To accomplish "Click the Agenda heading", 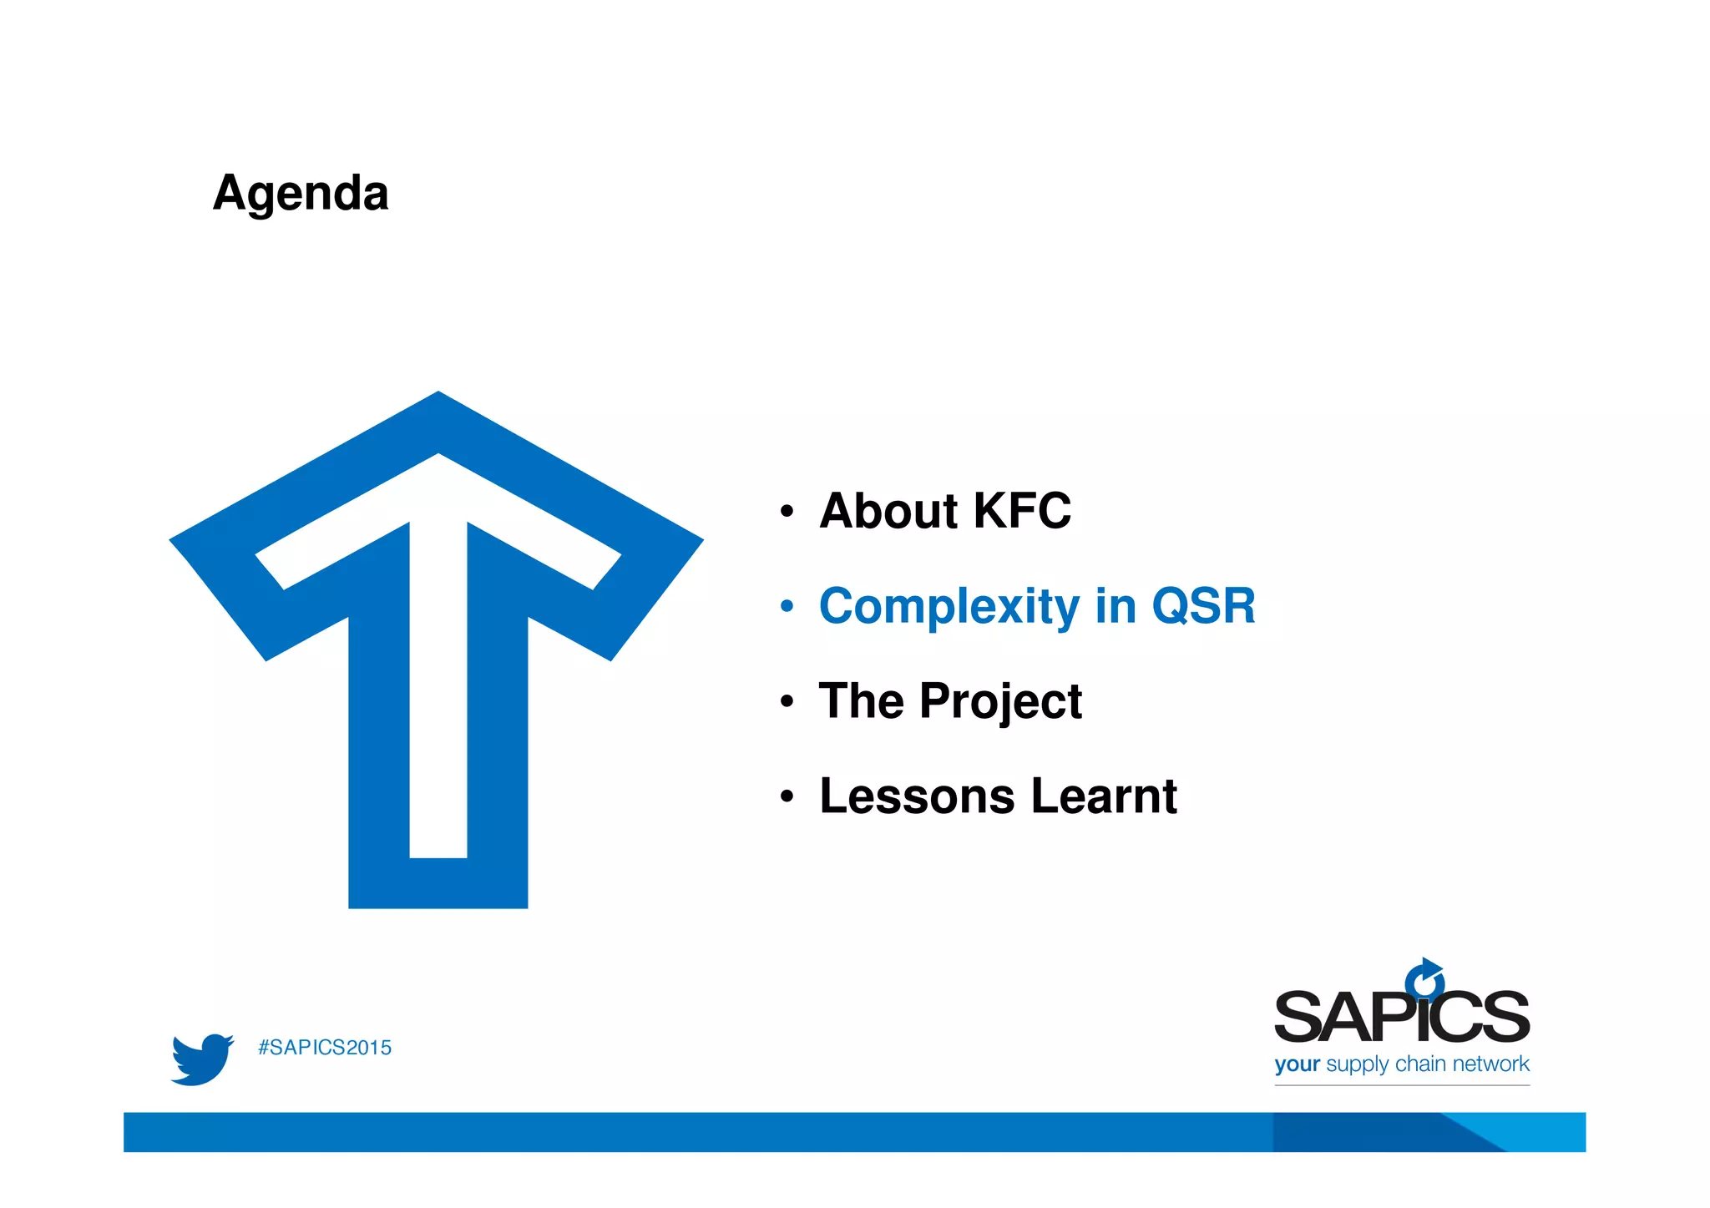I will click(x=301, y=194).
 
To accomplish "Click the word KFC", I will click(x=1022, y=511).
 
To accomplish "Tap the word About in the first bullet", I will click(x=887, y=511).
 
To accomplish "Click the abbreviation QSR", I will click(x=1203, y=606).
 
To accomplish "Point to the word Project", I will click(x=1000, y=701).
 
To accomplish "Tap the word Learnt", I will click(x=1104, y=796).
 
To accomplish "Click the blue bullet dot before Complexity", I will click(x=787, y=607).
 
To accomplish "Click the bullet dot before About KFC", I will click(x=787, y=512).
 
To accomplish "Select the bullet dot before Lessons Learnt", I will click(x=787, y=797).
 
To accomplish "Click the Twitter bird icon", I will click(x=201, y=1059).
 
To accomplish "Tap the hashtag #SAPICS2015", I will click(x=325, y=1048).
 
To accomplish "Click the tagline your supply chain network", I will click(x=1401, y=1064).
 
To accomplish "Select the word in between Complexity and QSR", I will click(x=1115, y=606).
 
